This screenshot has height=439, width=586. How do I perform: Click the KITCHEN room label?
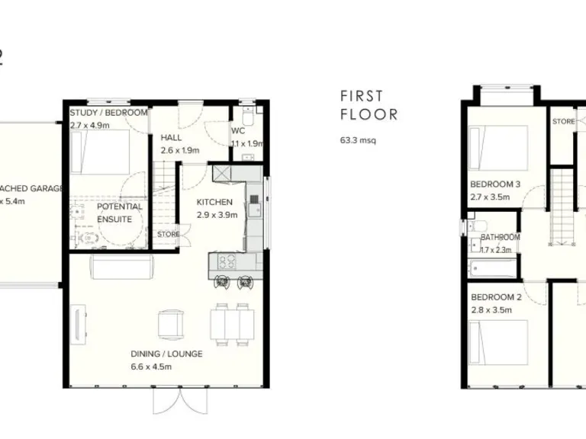pos(214,202)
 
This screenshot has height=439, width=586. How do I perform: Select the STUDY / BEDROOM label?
pos(108,113)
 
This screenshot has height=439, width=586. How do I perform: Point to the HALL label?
pos(170,138)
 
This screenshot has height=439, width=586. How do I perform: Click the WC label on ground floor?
pos(238,130)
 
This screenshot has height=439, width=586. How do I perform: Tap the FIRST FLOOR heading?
pos(369,106)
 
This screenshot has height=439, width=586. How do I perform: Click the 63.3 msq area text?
pos(359,140)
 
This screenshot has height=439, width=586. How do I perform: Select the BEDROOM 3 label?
pos(494,184)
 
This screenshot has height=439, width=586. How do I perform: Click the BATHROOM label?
pos(500,237)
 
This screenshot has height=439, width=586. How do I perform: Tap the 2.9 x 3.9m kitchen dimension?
pos(217,215)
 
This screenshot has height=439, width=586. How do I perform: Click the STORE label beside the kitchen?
pos(168,234)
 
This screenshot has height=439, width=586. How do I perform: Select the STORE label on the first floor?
pos(563,121)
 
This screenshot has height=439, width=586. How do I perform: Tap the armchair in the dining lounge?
pos(170,325)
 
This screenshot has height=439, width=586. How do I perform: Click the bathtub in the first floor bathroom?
pos(491,268)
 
